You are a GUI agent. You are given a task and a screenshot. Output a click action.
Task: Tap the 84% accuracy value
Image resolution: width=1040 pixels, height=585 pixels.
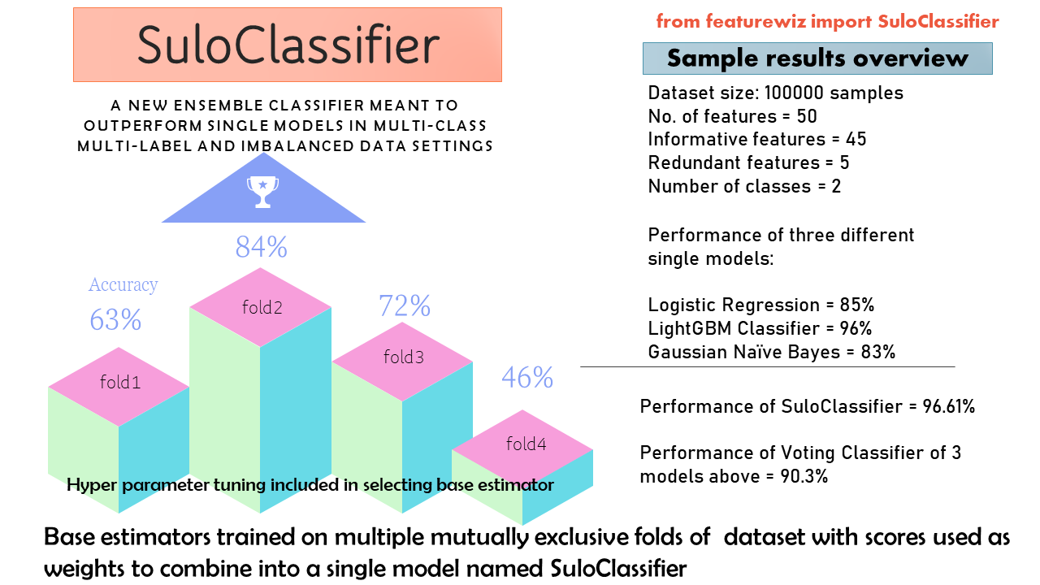(262, 246)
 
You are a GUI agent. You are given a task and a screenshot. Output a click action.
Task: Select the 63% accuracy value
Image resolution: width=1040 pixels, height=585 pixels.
(115, 319)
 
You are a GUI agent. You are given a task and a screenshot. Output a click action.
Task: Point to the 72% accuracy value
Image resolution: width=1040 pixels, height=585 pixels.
(404, 305)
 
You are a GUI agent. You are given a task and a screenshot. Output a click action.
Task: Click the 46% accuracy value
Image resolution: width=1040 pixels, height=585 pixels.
(527, 377)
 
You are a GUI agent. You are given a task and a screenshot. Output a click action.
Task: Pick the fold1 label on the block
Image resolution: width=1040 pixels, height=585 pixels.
(120, 382)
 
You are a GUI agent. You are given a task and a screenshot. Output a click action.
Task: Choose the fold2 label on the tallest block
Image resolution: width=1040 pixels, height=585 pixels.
(262, 307)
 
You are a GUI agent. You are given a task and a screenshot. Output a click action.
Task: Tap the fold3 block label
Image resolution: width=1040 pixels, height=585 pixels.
(404, 357)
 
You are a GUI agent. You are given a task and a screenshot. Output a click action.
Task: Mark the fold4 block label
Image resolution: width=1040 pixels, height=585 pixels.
(526, 444)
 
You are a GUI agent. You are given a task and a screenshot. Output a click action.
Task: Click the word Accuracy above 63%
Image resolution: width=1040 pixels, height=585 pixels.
(123, 284)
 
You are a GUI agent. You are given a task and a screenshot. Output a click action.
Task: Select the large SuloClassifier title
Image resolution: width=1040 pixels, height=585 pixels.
(288, 44)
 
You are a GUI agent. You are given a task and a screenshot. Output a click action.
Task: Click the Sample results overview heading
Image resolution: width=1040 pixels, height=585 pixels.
(817, 58)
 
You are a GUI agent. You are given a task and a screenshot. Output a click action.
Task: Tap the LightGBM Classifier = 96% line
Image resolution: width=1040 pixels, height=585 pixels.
(760, 328)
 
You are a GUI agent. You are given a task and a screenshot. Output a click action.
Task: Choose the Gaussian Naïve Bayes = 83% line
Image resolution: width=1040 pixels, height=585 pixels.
(771, 352)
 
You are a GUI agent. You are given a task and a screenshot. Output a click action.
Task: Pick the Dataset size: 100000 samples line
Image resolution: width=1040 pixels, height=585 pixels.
(775, 93)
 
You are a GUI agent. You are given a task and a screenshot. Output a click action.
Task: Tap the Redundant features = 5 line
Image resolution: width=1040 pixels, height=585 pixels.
(748, 162)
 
